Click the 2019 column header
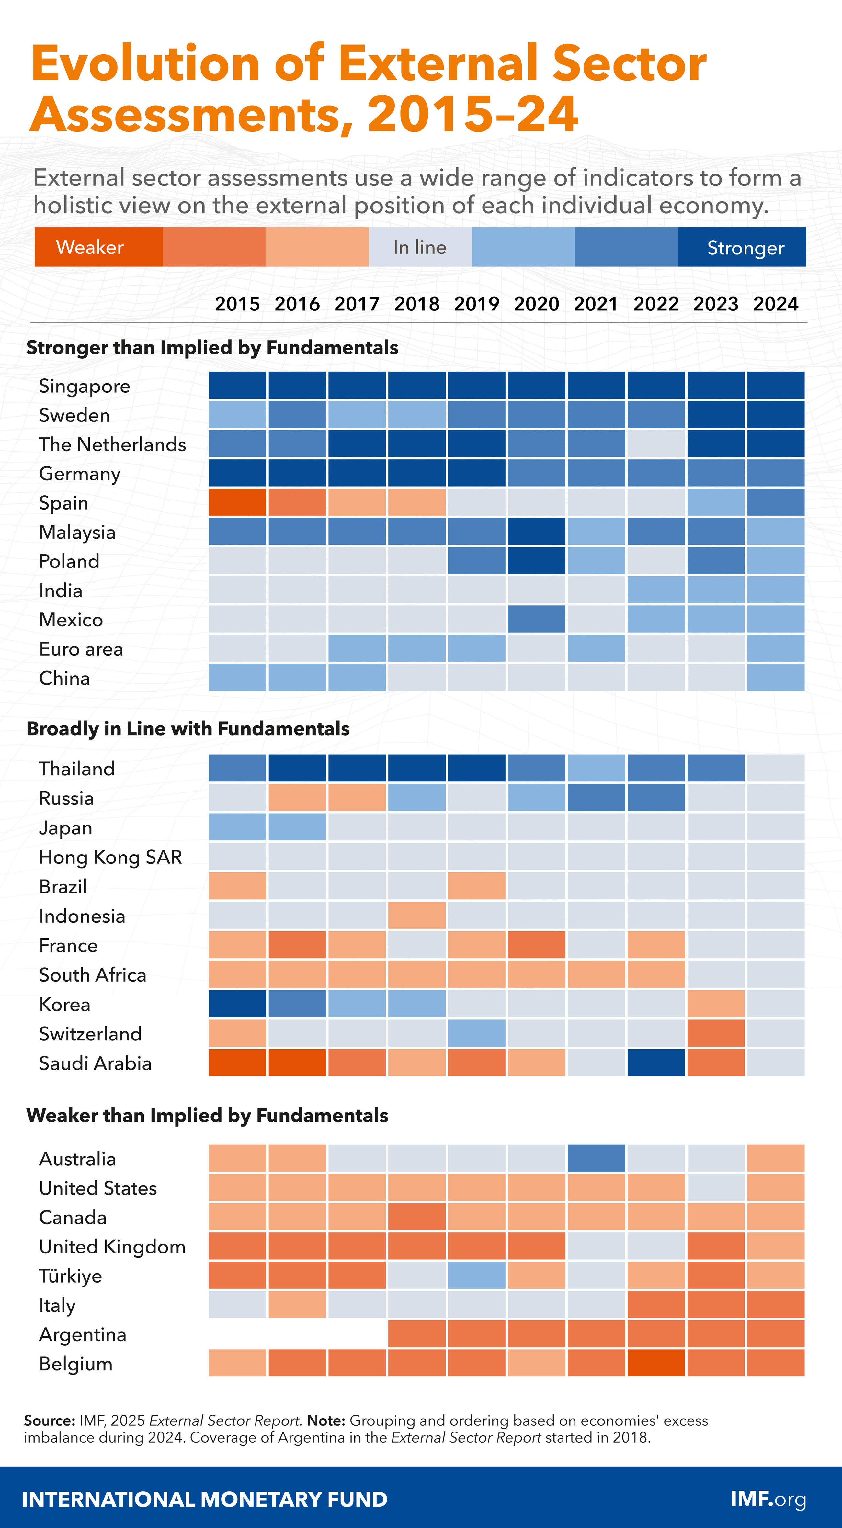pyautogui.click(x=476, y=304)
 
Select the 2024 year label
pyautogui.click(x=776, y=304)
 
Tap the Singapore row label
pyautogui.click(x=84, y=386)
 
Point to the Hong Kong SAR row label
pyautogui.click(x=110, y=857)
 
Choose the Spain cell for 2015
pyautogui.click(x=237, y=502)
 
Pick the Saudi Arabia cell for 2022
pyautogui.click(x=656, y=1062)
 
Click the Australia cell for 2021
pyautogui.click(x=596, y=1158)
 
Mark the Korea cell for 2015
pyautogui.click(x=237, y=1004)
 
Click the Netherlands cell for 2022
pyautogui.click(x=656, y=444)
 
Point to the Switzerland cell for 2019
pyautogui.click(x=476, y=1033)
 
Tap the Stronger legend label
pyautogui.click(x=745, y=247)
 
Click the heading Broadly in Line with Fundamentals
pyautogui.click(x=188, y=728)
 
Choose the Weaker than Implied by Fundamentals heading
pyautogui.click(x=207, y=1115)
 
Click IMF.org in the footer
pyautogui.click(x=768, y=1499)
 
